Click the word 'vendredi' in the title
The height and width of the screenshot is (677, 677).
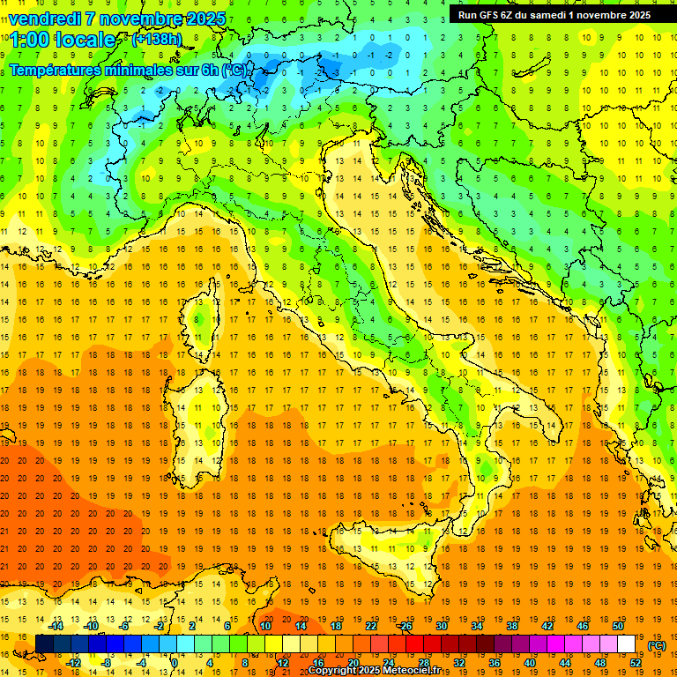[x=45, y=19]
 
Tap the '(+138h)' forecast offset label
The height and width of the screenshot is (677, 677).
[x=157, y=40]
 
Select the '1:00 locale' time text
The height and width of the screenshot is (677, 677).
[x=63, y=40]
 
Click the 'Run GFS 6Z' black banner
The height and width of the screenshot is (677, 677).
[x=554, y=14]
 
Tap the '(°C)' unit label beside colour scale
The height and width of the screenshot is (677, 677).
[x=657, y=645]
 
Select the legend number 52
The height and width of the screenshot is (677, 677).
[x=636, y=662]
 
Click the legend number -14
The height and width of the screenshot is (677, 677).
[x=56, y=626]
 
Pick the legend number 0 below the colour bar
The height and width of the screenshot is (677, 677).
[x=174, y=662]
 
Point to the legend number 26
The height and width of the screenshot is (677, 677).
[x=405, y=626]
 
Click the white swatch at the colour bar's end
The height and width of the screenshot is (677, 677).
[x=626, y=644]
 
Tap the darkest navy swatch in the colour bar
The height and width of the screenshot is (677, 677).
[x=44, y=644]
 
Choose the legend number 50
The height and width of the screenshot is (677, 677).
[x=618, y=626]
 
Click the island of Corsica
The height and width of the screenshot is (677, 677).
[x=202, y=318]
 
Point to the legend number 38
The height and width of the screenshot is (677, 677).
[x=511, y=626]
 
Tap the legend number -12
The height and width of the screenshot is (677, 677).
[x=74, y=662]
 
